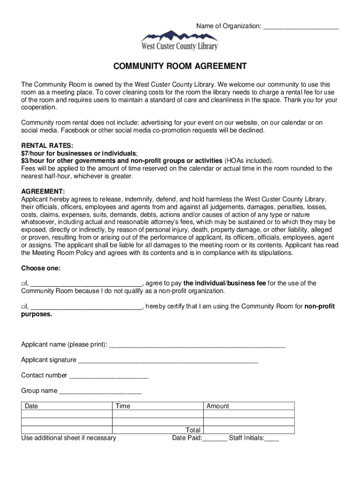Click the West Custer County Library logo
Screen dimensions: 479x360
click(180, 41)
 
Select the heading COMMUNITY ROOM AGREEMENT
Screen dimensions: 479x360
click(180, 66)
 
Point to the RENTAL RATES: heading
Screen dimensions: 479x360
click(47, 145)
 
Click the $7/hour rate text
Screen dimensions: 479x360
click(79, 153)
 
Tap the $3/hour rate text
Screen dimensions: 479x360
click(122, 160)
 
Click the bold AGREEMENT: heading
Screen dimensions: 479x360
click(43, 191)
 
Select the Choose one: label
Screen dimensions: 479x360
click(41, 268)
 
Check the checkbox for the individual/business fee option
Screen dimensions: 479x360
click(23, 283)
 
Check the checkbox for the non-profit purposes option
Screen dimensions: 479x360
click(23, 307)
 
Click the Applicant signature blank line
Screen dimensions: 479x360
click(168, 361)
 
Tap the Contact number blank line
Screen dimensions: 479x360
click(108, 376)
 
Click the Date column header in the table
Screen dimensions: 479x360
click(31, 406)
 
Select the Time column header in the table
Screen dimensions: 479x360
click(122, 406)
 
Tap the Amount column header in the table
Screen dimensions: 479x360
click(218, 406)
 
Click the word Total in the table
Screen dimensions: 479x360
click(193, 430)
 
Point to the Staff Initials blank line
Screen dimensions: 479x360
click(272, 439)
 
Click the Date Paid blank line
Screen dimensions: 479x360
click(215, 439)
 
